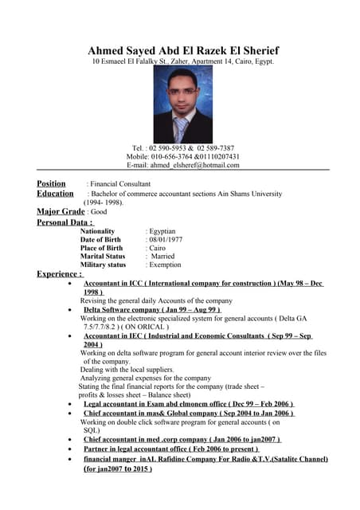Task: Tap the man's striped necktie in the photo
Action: [x=181, y=127]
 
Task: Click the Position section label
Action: [x=52, y=183]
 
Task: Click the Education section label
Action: [x=55, y=194]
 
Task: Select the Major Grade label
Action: [x=60, y=212]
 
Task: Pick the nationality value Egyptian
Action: [x=162, y=231]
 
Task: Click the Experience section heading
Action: [x=60, y=274]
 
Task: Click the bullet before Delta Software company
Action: [x=72, y=309]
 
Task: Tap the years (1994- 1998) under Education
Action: [x=104, y=202]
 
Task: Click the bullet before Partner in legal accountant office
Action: [x=72, y=449]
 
